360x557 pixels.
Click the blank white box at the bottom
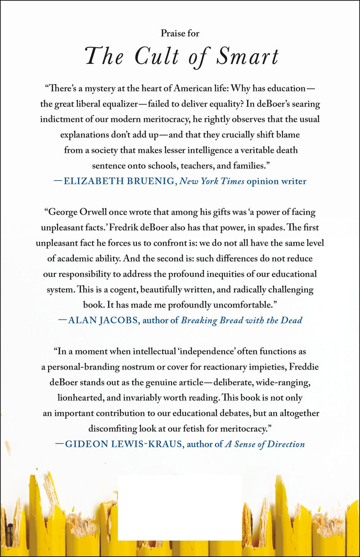(x=180, y=507)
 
